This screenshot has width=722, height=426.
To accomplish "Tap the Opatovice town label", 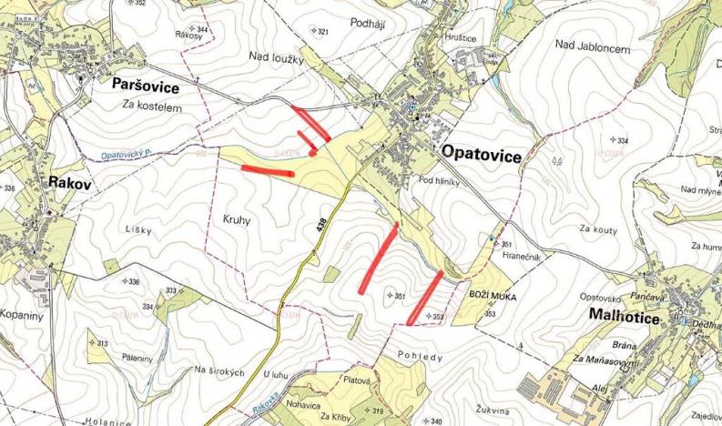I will click(481, 156).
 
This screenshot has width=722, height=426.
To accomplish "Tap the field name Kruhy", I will click(236, 219).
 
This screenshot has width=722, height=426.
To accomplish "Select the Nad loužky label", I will click(274, 57).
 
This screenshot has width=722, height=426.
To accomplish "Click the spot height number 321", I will click(321, 32).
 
